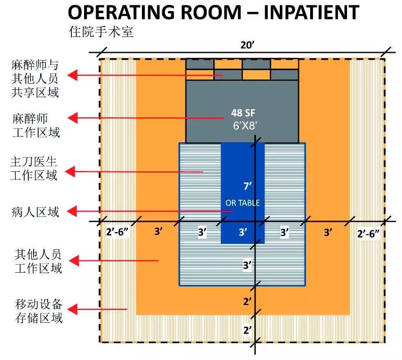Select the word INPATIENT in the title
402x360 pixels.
tap(311, 12)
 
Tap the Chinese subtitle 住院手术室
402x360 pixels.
tap(101, 32)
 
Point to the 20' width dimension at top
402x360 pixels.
tap(247, 45)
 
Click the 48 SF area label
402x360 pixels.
tap(243, 113)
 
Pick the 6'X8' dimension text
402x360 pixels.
tap(245, 125)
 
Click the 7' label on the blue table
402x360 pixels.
tap(247, 186)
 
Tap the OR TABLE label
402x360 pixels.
tap(242, 203)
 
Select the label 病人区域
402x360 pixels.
tap(35, 212)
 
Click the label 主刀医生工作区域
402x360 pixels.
tap(34, 169)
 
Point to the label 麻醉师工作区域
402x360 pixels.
tap(36, 125)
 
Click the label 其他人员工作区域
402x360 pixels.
tap(38, 261)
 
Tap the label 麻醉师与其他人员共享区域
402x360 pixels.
tap(35, 79)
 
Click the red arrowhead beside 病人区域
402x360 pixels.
tap(72, 212)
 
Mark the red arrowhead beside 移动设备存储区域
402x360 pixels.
tap(73, 309)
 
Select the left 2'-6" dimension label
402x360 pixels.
tap(117, 232)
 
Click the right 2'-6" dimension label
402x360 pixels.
tap(368, 233)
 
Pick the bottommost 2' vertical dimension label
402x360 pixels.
tap(247, 330)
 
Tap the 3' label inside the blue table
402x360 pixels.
tap(243, 232)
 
